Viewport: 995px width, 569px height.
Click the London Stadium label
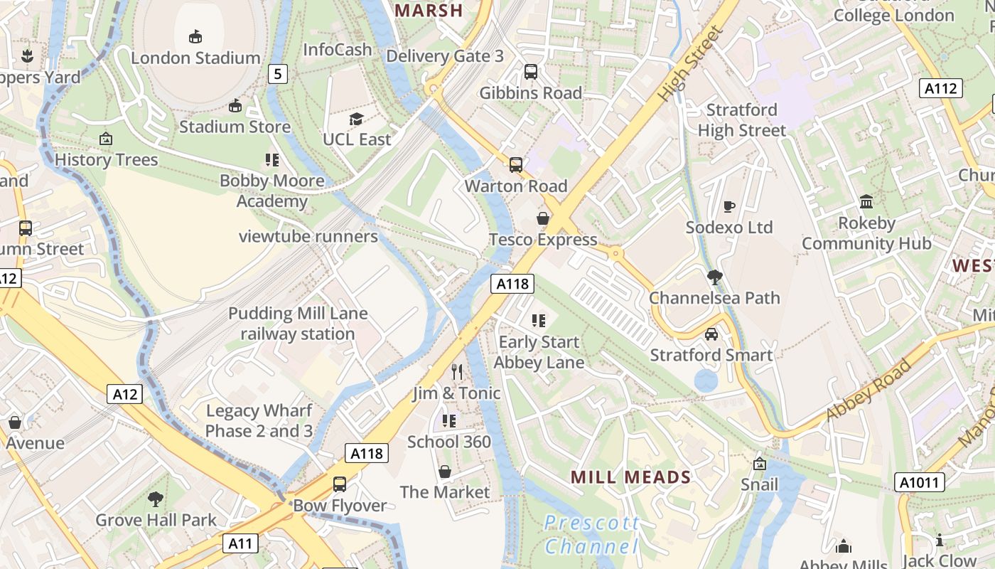(195, 58)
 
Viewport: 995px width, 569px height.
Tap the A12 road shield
(124, 394)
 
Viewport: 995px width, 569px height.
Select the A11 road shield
(240, 544)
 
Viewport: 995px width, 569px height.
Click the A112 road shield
(941, 88)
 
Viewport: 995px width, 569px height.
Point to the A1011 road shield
(919, 482)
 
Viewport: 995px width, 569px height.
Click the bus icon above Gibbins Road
(530, 71)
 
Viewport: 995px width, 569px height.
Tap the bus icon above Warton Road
(516, 165)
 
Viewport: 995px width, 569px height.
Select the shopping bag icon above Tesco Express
(543, 218)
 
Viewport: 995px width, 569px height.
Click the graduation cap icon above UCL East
(356, 119)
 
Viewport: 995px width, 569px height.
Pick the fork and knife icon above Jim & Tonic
(458, 372)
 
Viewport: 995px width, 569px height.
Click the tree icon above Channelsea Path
(714, 277)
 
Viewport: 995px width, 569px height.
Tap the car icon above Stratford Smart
(711, 334)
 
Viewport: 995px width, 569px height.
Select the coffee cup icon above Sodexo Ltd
(728, 206)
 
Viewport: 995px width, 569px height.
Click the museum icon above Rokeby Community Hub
(866, 201)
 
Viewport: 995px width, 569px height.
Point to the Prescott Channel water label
(591, 535)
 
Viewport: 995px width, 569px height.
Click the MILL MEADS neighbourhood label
(630, 477)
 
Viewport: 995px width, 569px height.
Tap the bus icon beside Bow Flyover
(340, 484)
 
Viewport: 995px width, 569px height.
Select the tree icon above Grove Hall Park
(156, 499)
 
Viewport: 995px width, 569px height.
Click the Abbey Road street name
(869, 392)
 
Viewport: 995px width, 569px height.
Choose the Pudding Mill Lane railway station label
(298, 324)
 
